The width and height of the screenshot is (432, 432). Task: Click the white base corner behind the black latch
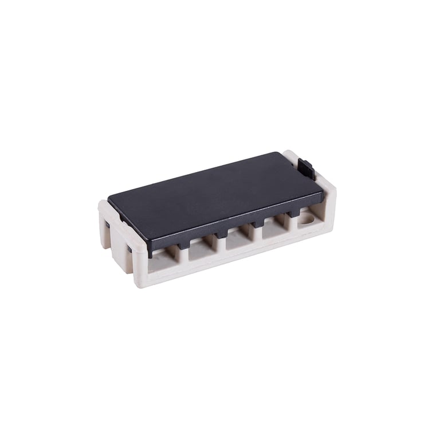pyautogui.click(x=291, y=155)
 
